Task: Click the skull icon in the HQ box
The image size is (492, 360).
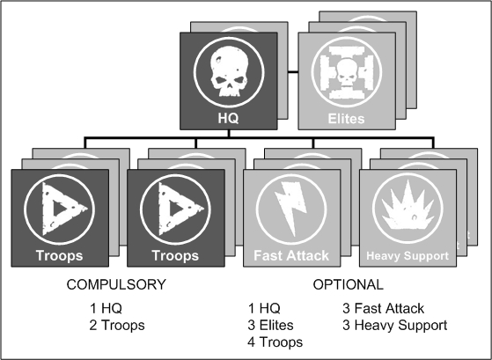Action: [x=229, y=72]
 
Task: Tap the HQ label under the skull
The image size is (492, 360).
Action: [x=229, y=118]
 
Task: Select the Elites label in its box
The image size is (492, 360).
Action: [x=347, y=119]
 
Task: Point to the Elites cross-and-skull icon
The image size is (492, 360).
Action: [x=347, y=72]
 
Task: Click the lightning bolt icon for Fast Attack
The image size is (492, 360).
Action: [x=290, y=209]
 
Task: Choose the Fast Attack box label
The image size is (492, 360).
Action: [x=291, y=255]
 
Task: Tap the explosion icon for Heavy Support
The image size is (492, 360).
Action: [x=408, y=204]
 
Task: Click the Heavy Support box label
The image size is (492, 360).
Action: [x=408, y=256]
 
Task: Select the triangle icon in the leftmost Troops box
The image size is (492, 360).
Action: [x=62, y=209]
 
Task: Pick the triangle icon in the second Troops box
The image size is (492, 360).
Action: [x=179, y=209]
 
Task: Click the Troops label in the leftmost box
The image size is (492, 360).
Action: [x=59, y=255]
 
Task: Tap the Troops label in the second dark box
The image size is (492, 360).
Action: [x=175, y=255]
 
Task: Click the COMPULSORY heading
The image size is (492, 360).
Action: [x=116, y=284]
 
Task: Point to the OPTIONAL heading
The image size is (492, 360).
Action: [x=348, y=284]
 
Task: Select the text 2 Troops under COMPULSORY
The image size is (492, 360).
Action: [x=117, y=325]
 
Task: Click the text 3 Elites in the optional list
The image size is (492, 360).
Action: [x=270, y=325]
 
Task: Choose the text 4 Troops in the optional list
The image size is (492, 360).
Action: [x=275, y=342]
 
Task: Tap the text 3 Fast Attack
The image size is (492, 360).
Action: [x=383, y=308]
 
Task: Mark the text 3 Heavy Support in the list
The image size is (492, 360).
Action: [x=394, y=325]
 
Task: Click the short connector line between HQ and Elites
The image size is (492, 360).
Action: [x=293, y=72]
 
